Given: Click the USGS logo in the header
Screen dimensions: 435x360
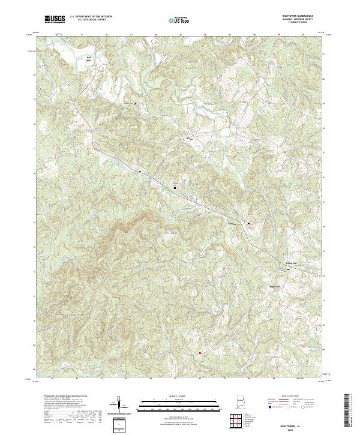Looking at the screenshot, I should pyautogui.click(x=55, y=19).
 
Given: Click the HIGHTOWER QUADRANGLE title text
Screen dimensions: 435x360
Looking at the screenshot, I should pyautogui.click(x=304, y=16).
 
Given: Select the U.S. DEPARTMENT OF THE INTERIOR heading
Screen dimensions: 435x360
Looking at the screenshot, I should pyautogui.click(x=91, y=16).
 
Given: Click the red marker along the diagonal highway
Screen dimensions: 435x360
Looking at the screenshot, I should pyautogui.click(x=140, y=172).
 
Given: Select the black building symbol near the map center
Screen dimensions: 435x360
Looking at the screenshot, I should pyautogui.click(x=175, y=188).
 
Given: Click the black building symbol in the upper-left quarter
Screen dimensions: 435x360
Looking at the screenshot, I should pyautogui.click(x=134, y=103).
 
